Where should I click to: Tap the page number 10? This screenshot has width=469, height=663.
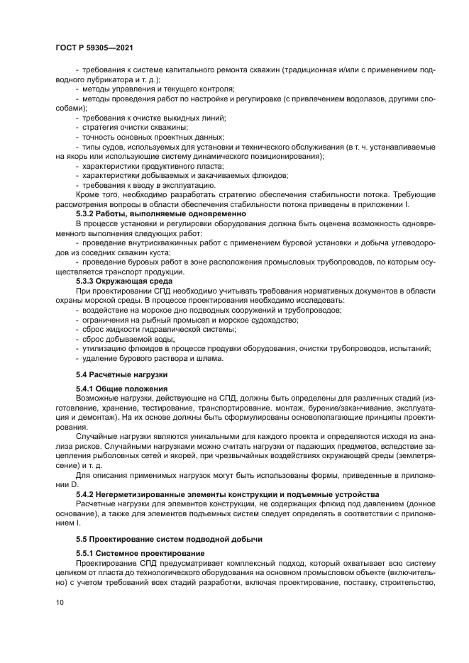click(60, 602)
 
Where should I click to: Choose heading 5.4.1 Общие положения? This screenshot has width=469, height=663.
click(121, 389)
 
